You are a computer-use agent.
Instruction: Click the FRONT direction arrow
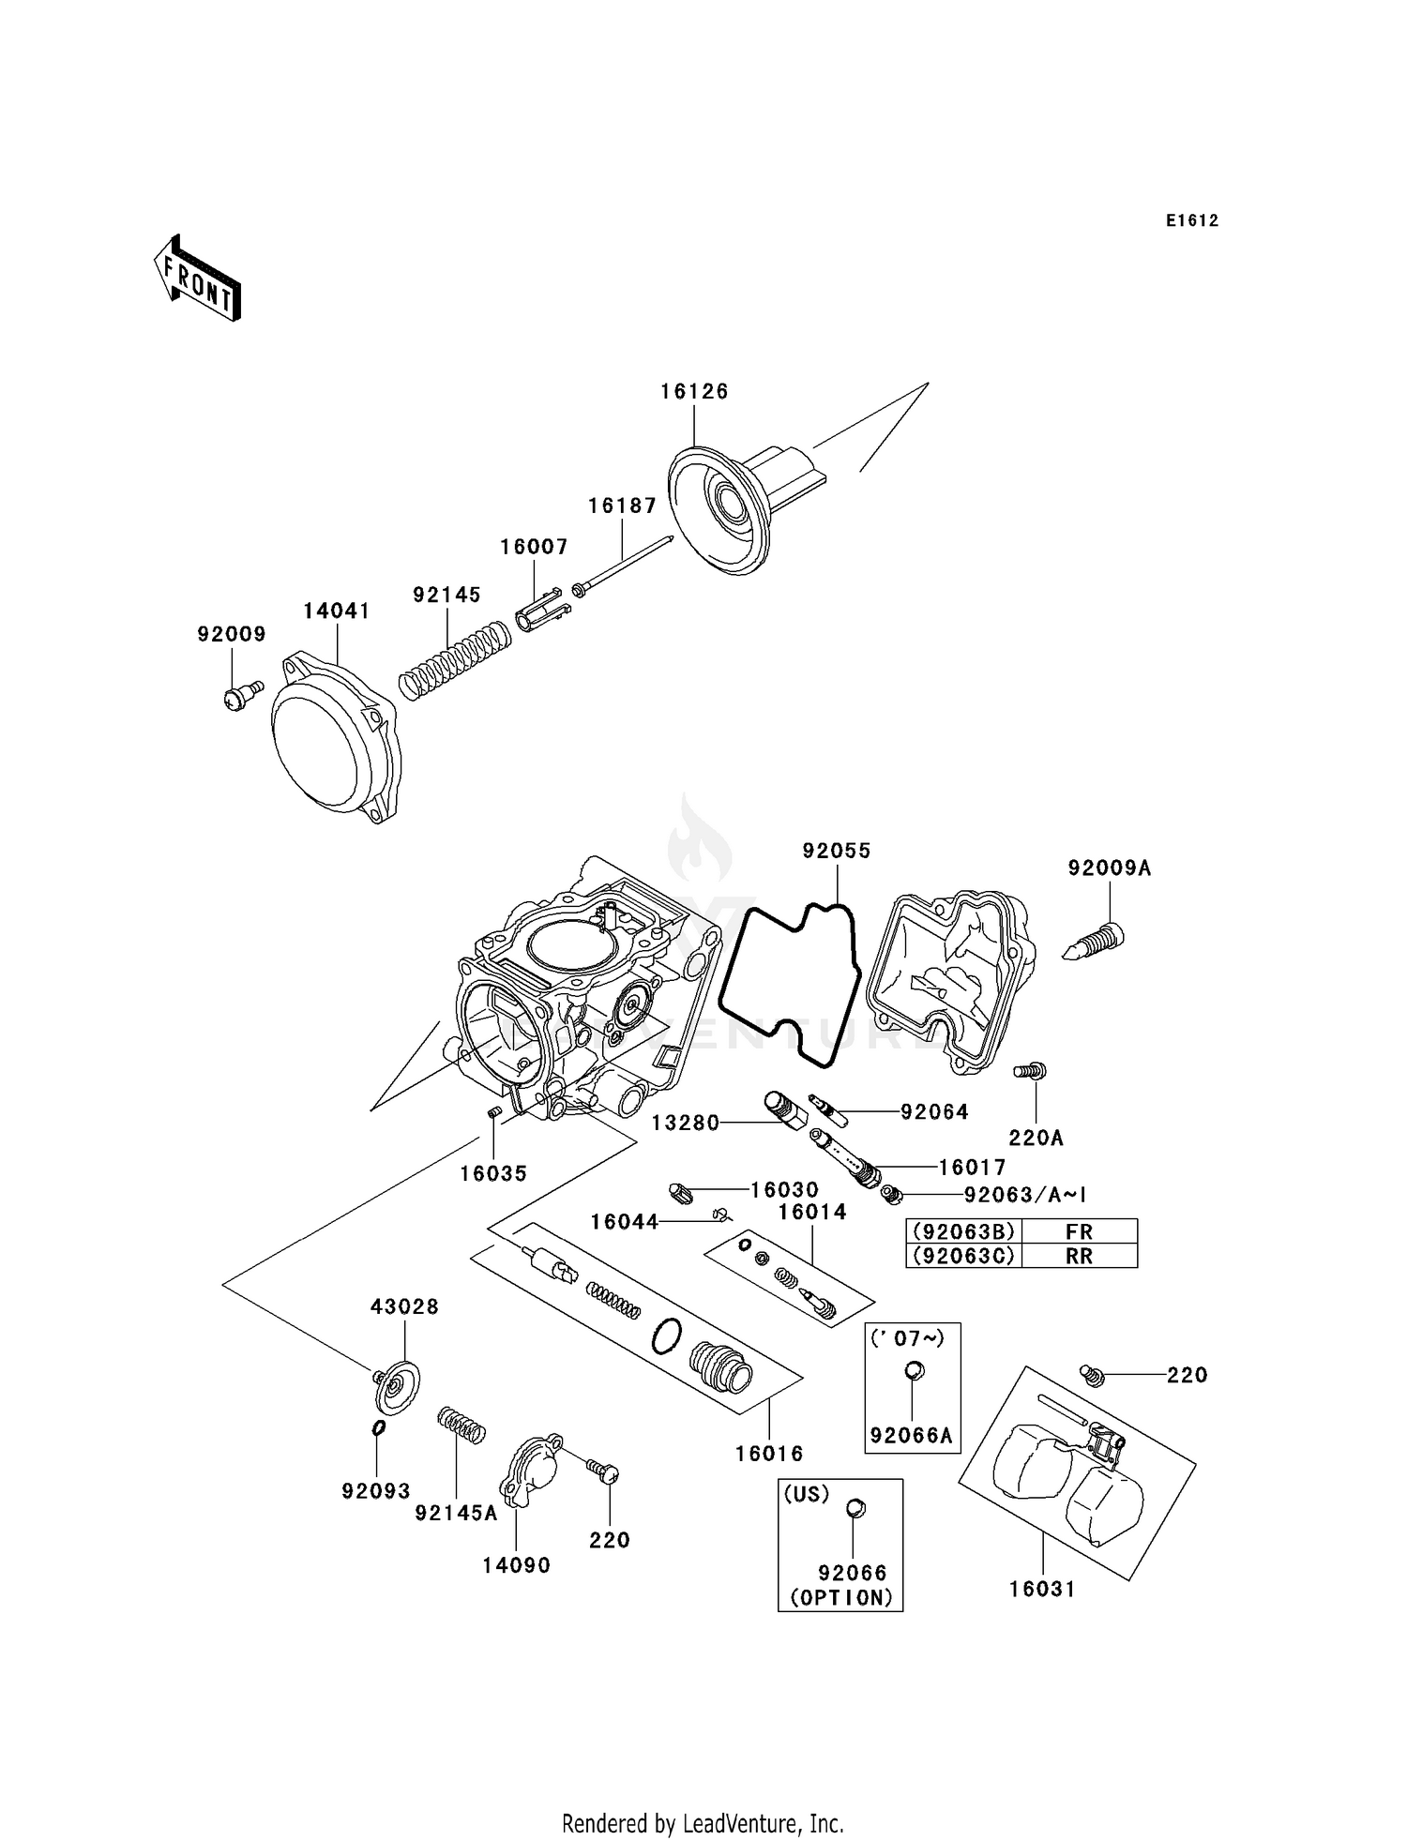(x=198, y=279)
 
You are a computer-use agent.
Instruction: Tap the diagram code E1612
(x=1192, y=221)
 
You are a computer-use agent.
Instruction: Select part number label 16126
(x=694, y=392)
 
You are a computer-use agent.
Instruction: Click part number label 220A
(x=1036, y=1139)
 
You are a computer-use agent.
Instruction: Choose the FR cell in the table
(x=1079, y=1231)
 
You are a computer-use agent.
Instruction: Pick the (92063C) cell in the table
(x=964, y=1256)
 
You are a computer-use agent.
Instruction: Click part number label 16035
(x=493, y=1173)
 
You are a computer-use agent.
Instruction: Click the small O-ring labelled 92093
(x=378, y=1427)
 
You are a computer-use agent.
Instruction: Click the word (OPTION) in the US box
(x=840, y=1598)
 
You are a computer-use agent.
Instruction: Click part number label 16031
(x=1042, y=1589)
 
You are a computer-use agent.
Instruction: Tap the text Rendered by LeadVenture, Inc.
(x=703, y=1823)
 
